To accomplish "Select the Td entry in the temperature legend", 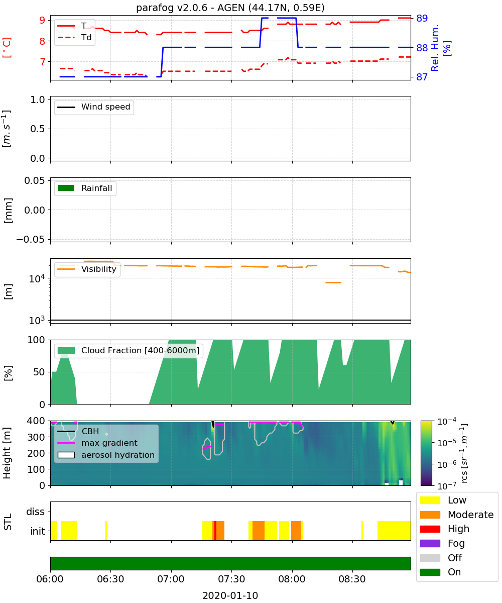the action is tap(74, 37).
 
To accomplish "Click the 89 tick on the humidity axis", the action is tap(422, 18).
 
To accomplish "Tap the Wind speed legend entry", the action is tap(94, 107).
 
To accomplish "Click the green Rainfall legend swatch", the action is tap(66, 188).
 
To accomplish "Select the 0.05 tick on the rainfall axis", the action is tap(35, 180).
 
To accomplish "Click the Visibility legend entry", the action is tap(86, 269).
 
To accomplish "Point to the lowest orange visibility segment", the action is tap(333, 282).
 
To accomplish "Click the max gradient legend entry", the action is tap(97, 443).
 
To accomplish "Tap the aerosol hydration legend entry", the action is tap(106, 455).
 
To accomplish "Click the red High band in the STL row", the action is tap(215, 531).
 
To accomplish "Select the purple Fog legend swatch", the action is tap(430, 543).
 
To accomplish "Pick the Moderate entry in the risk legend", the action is tap(457, 515).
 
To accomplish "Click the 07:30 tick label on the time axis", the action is tap(231, 579).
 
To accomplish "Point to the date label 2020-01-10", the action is tap(230, 595).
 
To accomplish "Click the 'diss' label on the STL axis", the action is tap(35, 512).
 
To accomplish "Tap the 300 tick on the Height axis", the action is tap(36, 437).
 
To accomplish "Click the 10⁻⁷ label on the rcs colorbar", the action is tap(447, 485).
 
